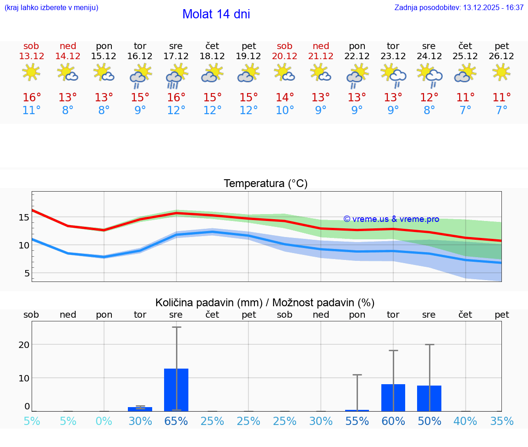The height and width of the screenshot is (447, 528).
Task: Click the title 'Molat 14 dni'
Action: pyautogui.click(x=216, y=14)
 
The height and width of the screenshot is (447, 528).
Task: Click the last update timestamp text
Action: pyautogui.click(x=459, y=7)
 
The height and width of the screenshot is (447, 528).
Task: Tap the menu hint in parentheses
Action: pyautogui.click(x=51, y=7)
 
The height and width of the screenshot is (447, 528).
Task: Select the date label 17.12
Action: pyautogui.click(x=176, y=56)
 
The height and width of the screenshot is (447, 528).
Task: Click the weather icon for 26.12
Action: pyautogui.click(x=501, y=72)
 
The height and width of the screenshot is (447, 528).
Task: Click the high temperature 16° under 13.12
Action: pyautogui.click(x=32, y=98)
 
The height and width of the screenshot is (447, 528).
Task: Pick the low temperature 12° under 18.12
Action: pyautogui.click(x=212, y=110)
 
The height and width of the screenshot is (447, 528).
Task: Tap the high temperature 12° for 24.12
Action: pyautogui.click(x=429, y=98)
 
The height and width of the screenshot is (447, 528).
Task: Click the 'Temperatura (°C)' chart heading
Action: pyautogui.click(x=265, y=184)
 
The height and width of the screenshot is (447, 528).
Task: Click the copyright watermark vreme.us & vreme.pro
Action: pyautogui.click(x=391, y=219)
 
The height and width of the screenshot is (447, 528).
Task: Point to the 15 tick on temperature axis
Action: pyautogui.click(x=24, y=217)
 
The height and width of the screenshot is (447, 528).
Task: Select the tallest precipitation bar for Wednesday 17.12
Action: pyautogui.click(x=176, y=390)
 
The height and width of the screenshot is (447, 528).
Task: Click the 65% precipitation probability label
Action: pyautogui.click(x=176, y=421)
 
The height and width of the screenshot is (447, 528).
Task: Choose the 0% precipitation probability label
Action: pyautogui.click(x=104, y=421)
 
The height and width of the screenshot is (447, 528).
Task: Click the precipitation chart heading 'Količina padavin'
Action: pyautogui.click(x=265, y=303)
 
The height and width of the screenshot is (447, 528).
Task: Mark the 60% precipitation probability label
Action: pyautogui.click(x=393, y=421)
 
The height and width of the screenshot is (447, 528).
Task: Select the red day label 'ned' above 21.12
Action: pyautogui.click(x=321, y=46)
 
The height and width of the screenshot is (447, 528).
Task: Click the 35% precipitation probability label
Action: pyautogui.click(x=501, y=421)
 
